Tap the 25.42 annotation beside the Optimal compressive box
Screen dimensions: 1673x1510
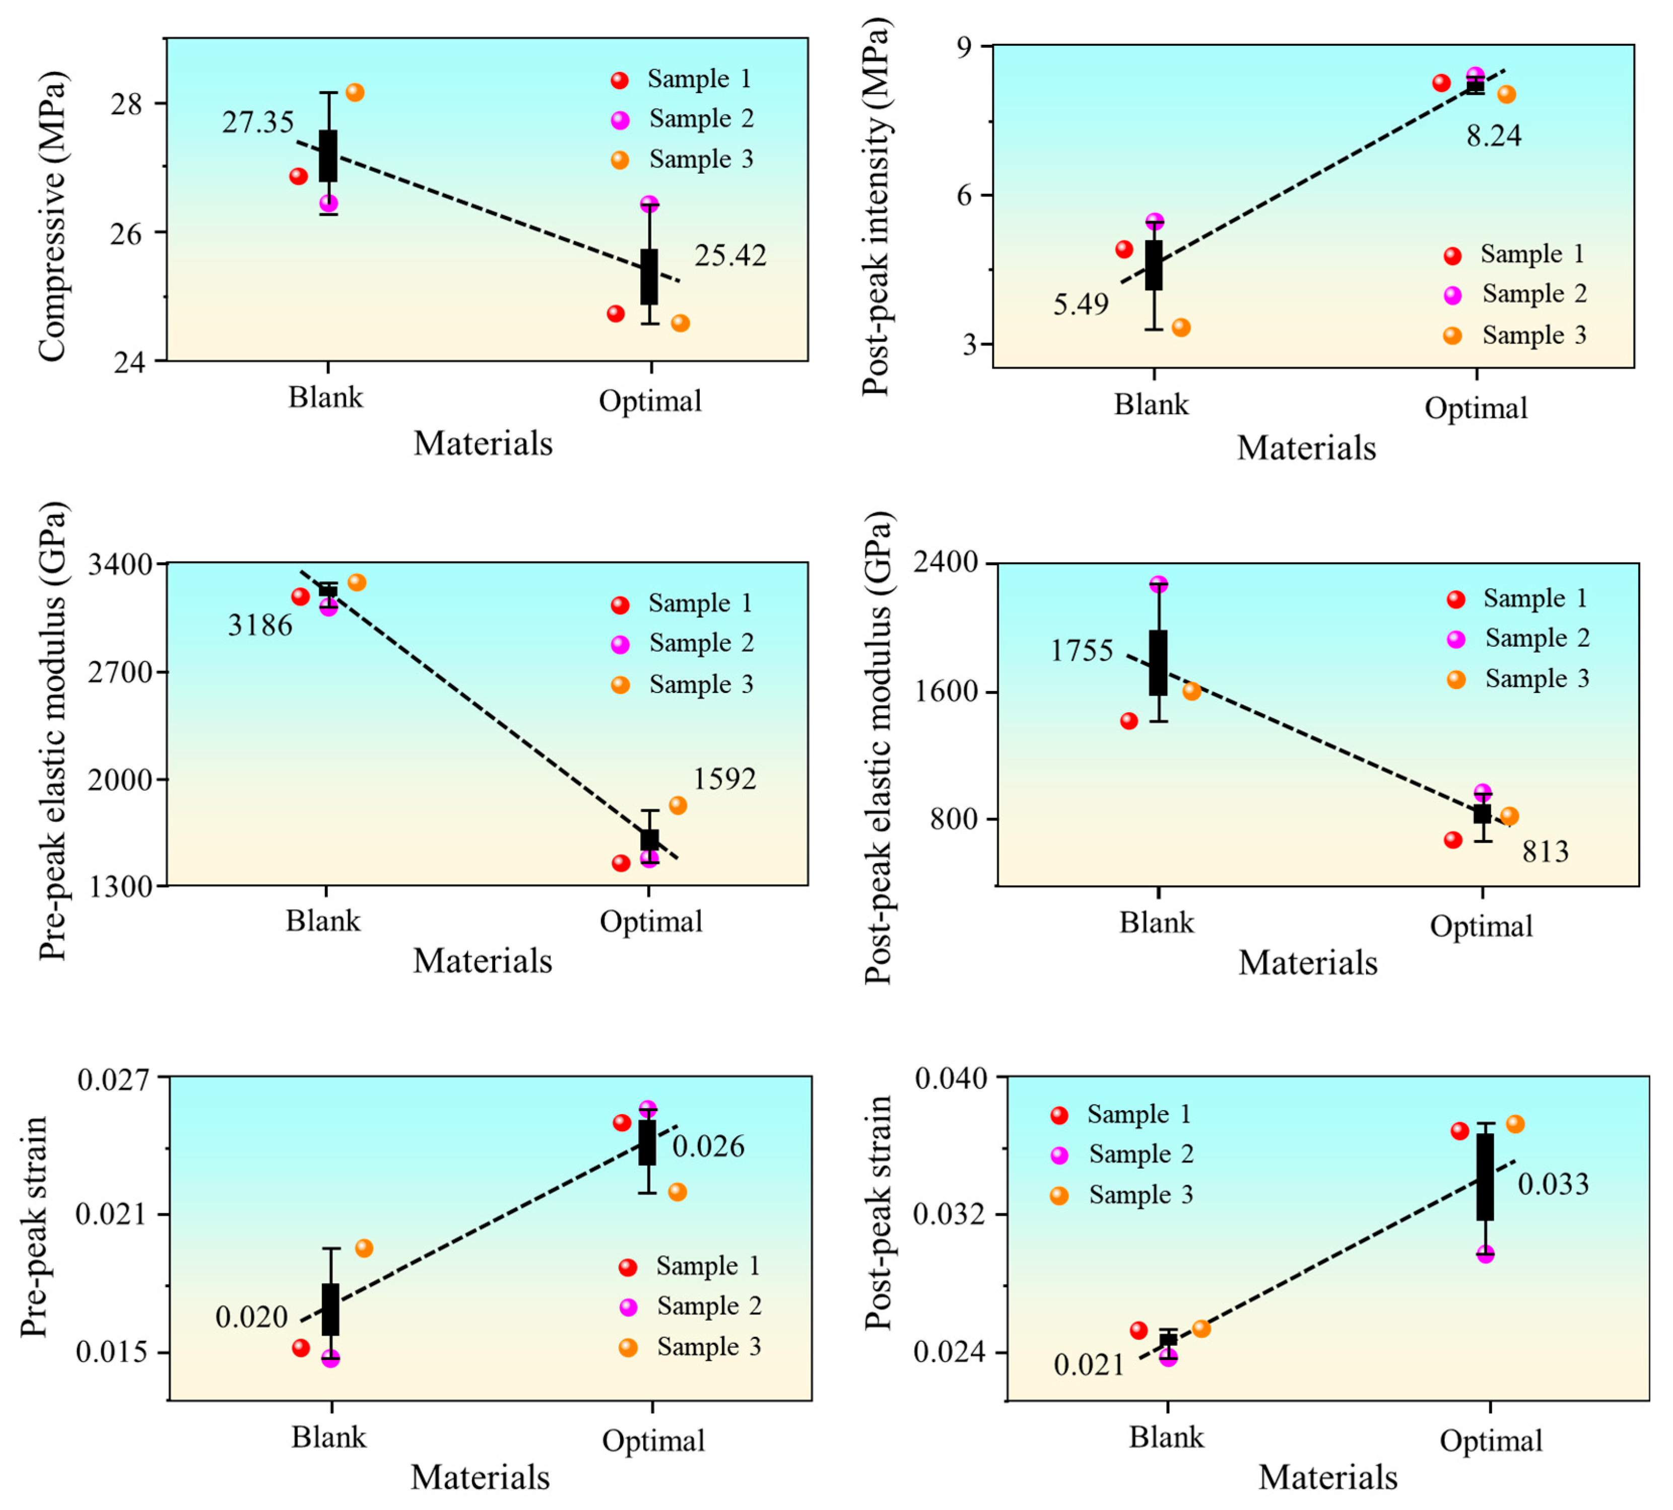(730, 255)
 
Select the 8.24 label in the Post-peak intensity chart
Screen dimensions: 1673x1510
(1494, 135)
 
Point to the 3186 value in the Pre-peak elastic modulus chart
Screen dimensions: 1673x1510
(260, 625)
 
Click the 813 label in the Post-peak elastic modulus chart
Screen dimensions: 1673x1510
(1545, 851)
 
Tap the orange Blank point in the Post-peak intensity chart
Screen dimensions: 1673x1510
(1181, 328)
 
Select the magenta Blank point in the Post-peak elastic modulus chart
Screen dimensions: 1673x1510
(1159, 585)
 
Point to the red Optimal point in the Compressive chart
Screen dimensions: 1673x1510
(615, 314)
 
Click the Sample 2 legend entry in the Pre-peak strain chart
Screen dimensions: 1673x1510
(691, 1306)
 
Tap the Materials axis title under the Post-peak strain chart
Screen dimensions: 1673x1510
(1328, 1477)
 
